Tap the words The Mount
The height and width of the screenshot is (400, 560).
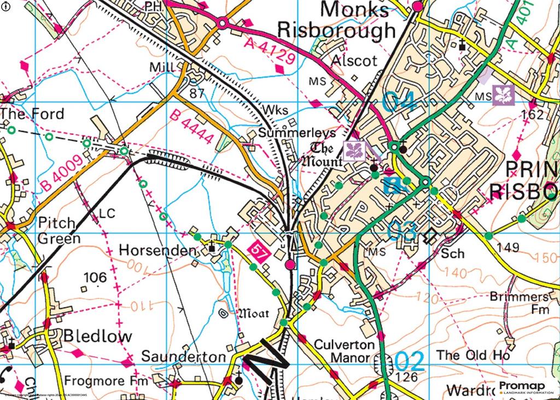coord(327,155)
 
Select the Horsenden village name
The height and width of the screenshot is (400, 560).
coord(157,251)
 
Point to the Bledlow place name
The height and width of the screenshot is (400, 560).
coord(98,336)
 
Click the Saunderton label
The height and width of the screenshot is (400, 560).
coord(183,357)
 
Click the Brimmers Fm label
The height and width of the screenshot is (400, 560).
coord(519,303)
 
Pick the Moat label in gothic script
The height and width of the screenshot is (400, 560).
coord(252,314)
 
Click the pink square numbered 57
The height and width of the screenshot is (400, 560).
coord(258,250)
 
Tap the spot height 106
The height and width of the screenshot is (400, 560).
coord(95,278)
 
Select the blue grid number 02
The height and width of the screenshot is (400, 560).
coord(410,361)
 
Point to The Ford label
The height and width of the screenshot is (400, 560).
coord(32,114)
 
